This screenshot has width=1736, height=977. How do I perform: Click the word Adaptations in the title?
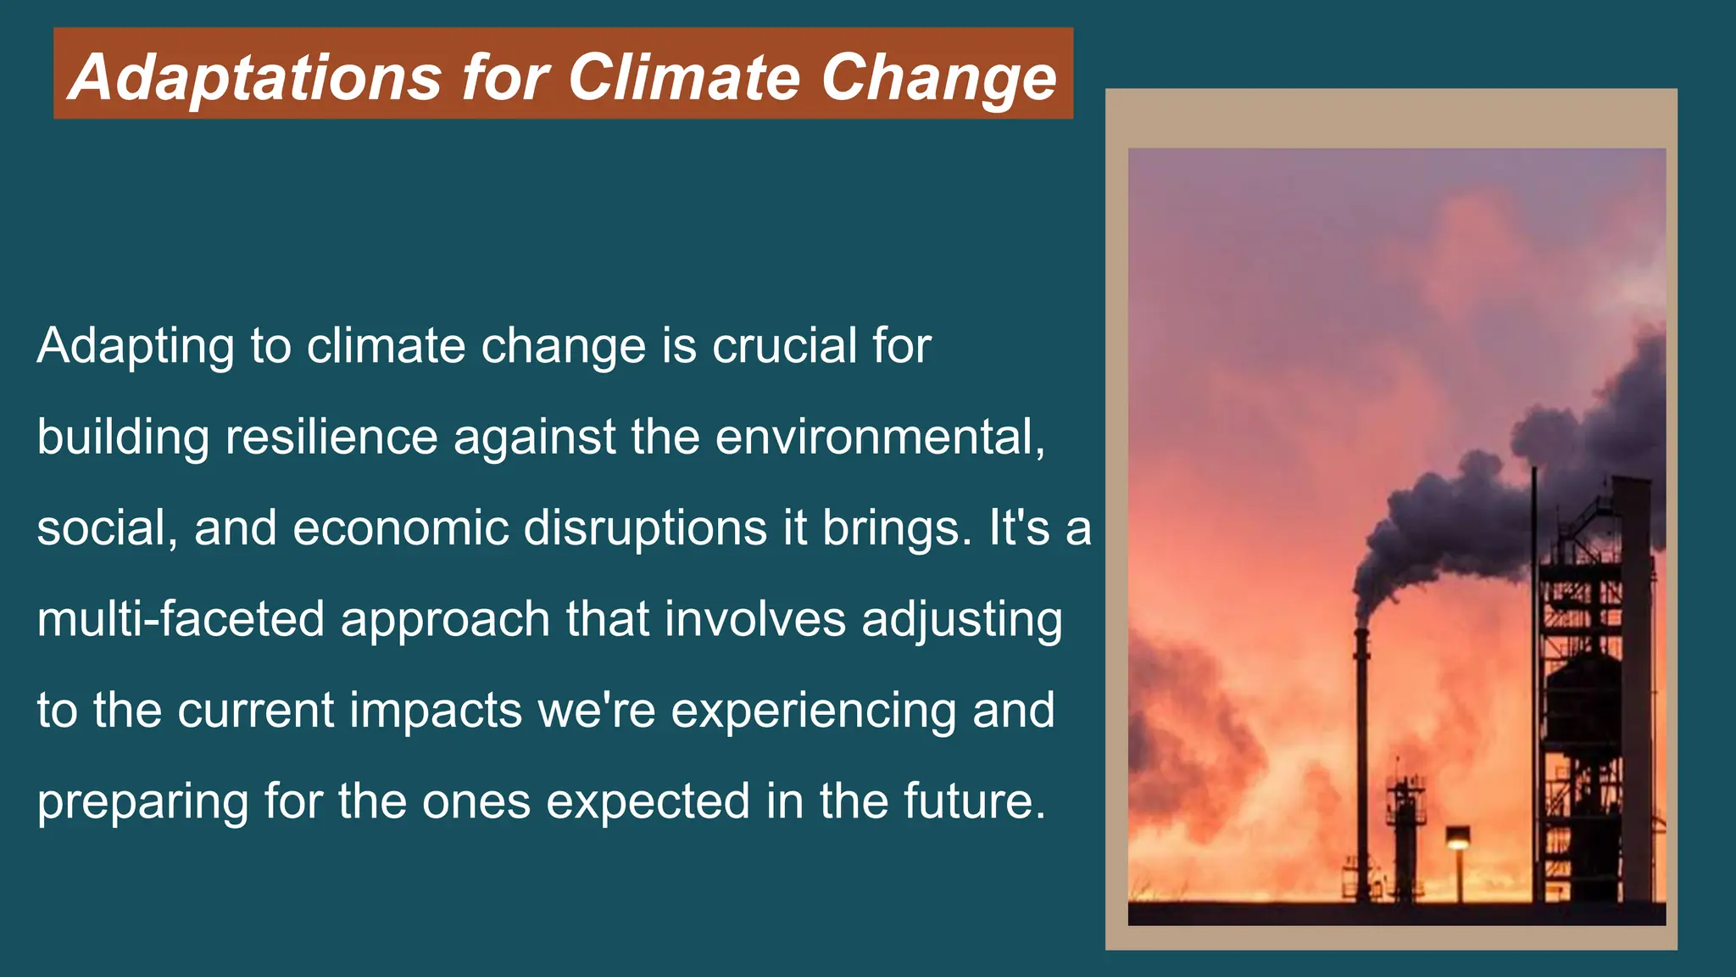coord(255,77)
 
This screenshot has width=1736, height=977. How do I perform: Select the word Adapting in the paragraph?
coord(136,347)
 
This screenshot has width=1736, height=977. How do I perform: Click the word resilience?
coord(331,438)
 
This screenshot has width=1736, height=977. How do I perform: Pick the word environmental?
coord(880,438)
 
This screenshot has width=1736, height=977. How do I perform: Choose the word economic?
coord(400,528)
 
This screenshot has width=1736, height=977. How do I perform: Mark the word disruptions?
coord(646,528)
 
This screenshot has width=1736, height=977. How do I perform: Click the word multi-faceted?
coord(181,619)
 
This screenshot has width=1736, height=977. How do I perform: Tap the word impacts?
coord(436,711)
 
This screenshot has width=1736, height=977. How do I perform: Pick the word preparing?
coord(142,802)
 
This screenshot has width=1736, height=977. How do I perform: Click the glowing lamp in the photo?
coord(1458,840)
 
